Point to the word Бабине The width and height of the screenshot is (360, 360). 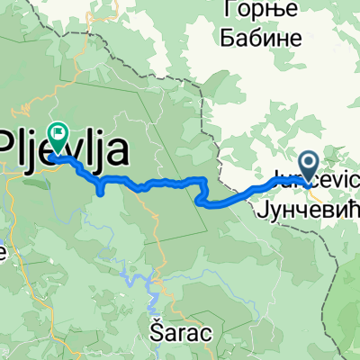pyautogui.click(x=256, y=39)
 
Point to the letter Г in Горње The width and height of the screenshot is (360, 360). pyautogui.click(x=226, y=12)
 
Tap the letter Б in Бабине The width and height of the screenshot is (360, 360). pyautogui.click(x=226, y=39)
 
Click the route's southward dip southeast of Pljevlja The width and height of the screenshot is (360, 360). pyautogui.click(x=100, y=188)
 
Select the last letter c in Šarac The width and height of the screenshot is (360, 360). pyautogui.click(x=206, y=333)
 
